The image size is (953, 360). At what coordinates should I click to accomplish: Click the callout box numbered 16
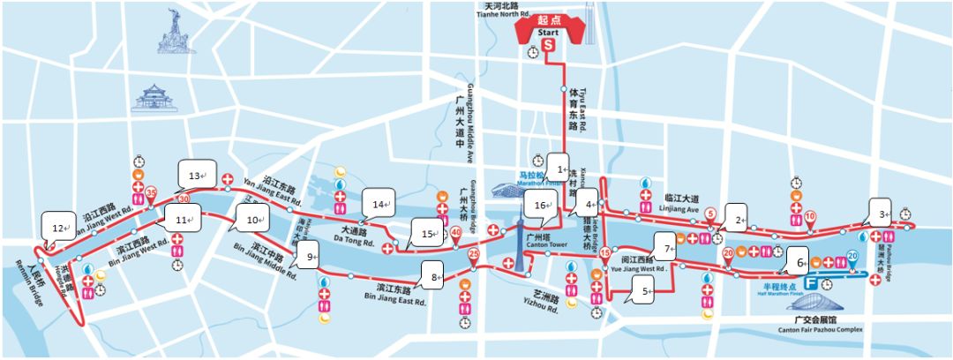tap(540, 205)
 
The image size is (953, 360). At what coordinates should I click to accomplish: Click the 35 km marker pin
tap(151, 193)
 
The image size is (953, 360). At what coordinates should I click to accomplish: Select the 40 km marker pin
tap(456, 233)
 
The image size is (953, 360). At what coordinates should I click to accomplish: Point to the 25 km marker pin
tap(474, 257)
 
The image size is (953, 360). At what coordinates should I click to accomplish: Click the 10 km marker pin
tap(809, 216)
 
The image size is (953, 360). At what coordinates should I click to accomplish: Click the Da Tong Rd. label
tap(356, 237)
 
